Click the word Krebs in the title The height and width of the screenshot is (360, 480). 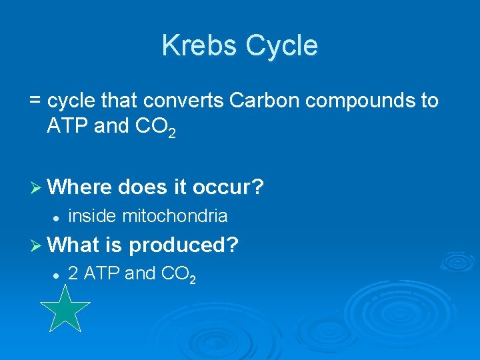(x=199, y=45)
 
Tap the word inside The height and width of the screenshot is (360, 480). (x=93, y=216)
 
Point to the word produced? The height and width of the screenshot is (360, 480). (x=183, y=246)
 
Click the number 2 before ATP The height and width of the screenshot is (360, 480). (x=73, y=273)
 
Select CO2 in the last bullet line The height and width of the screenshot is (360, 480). (x=176, y=275)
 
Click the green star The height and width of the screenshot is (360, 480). (x=65, y=309)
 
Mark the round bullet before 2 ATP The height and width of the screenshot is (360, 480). (x=57, y=274)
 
